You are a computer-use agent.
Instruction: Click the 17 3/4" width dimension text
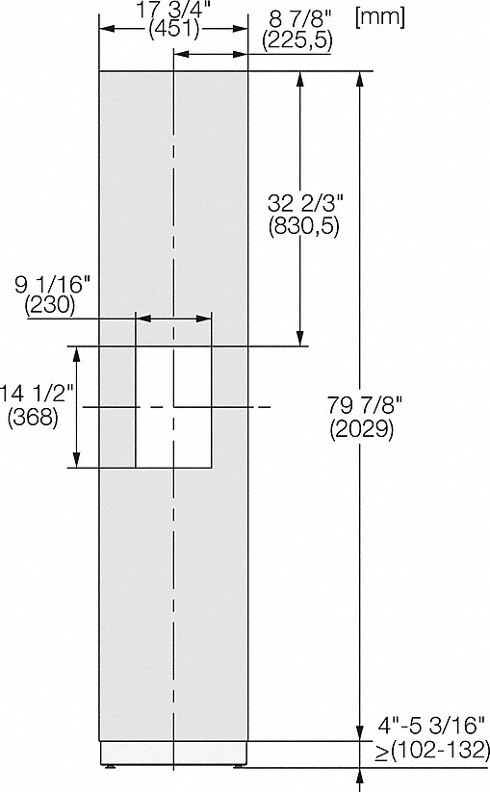[x=173, y=10]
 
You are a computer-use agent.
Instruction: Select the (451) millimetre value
[x=174, y=30]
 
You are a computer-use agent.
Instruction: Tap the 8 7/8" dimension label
[x=299, y=19]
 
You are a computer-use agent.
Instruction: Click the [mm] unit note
[x=380, y=17]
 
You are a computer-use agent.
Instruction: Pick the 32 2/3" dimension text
[x=305, y=204]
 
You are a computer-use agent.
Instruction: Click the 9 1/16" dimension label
[x=52, y=286]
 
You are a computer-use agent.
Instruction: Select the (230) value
[x=50, y=306]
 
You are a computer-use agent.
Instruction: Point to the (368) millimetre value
[x=33, y=417]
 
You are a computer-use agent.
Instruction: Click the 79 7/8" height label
[x=364, y=405]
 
